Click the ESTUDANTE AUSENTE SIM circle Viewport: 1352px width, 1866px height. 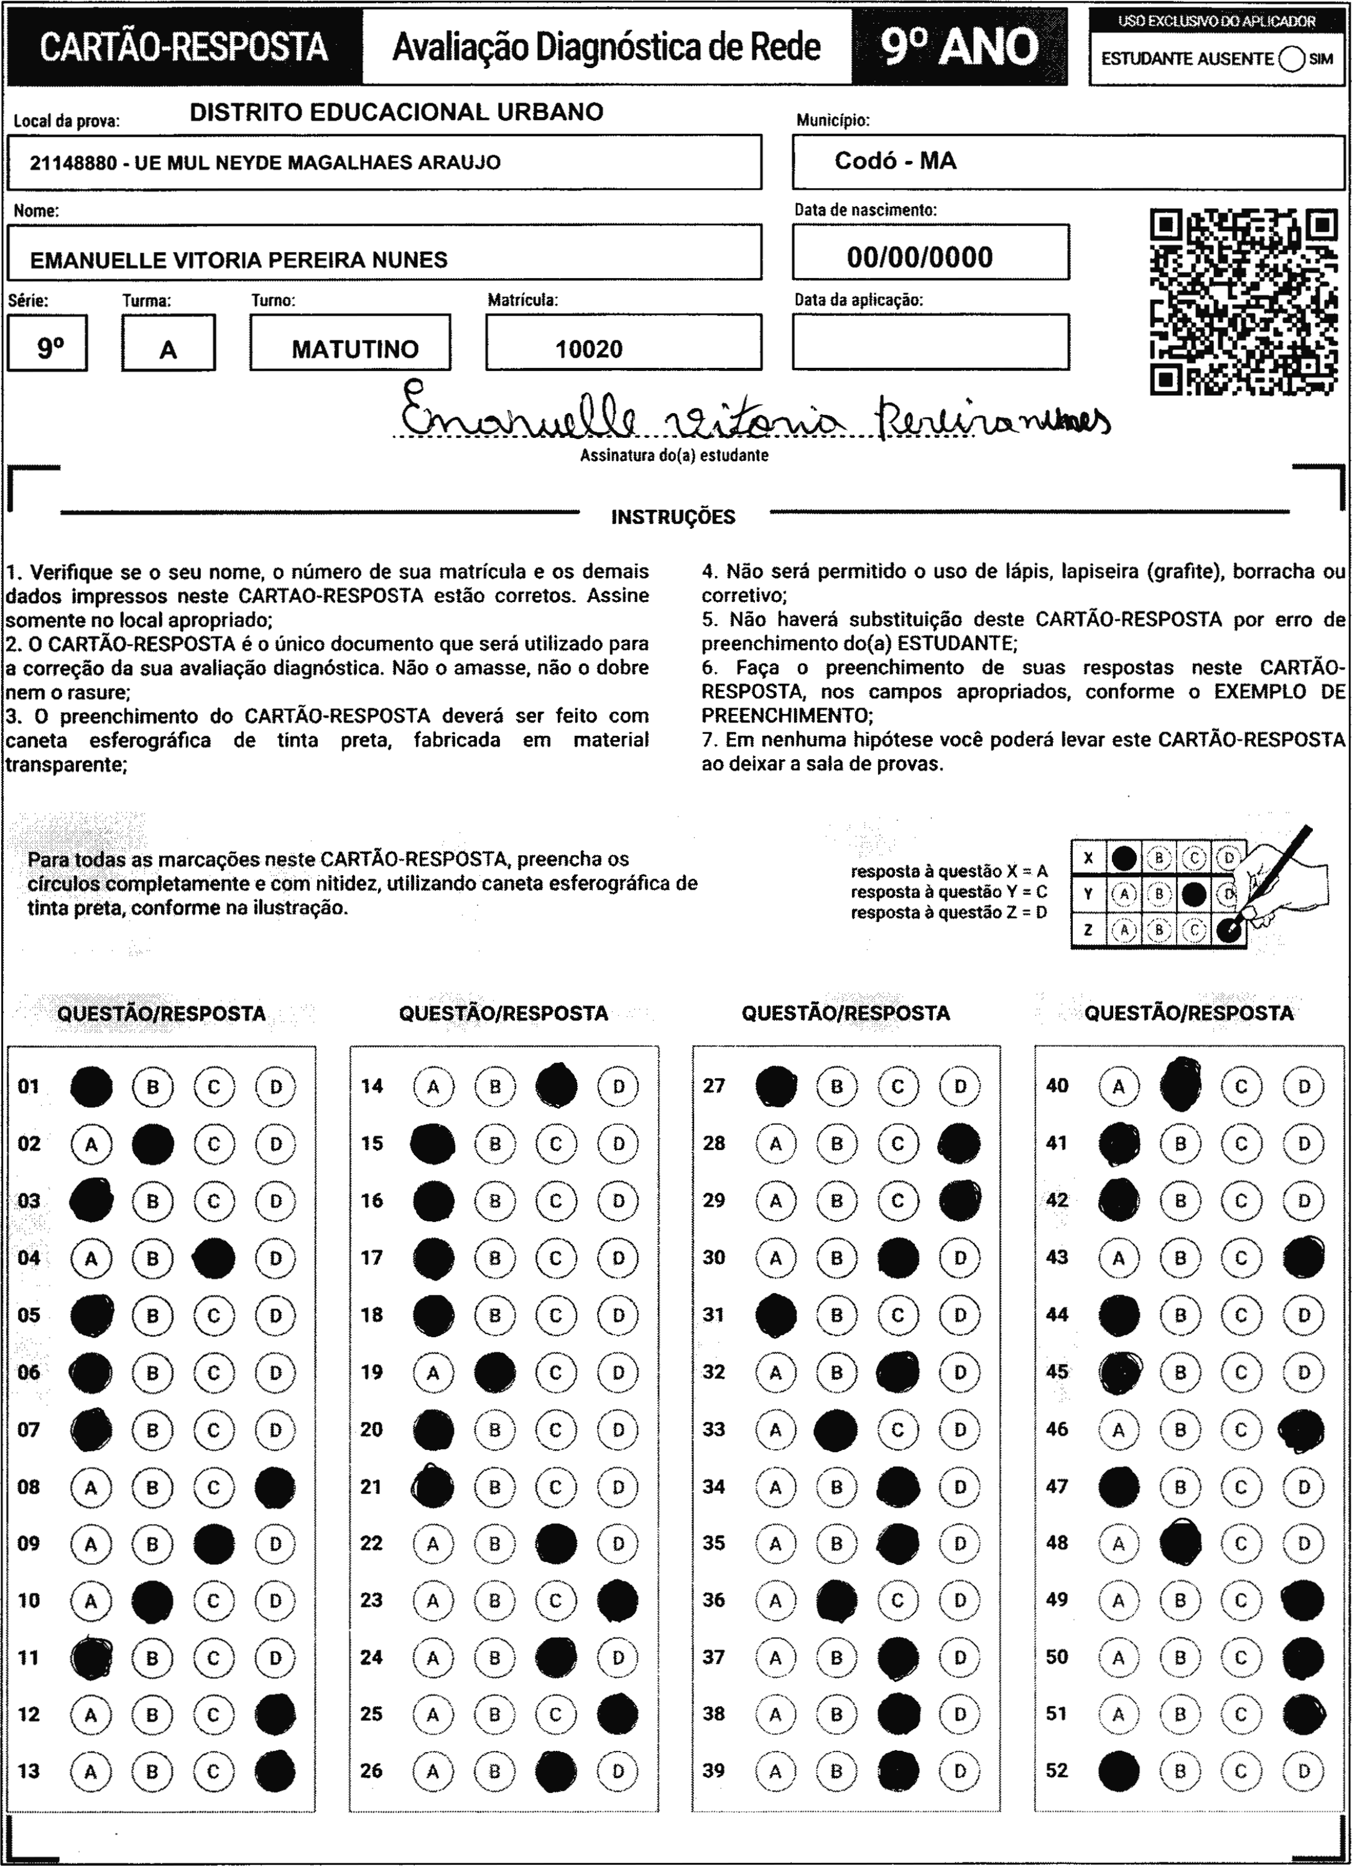pyautogui.click(x=1292, y=59)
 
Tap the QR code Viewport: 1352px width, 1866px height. pyautogui.click(x=1243, y=302)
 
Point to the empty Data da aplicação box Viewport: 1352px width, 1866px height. pyautogui.click(x=930, y=343)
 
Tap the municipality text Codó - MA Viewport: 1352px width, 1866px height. pyautogui.click(x=896, y=160)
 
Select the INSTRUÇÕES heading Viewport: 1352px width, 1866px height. pyautogui.click(x=673, y=517)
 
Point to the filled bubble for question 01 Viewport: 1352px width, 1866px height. pyautogui.click(x=91, y=1087)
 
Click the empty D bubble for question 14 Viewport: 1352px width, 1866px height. pyautogui.click(x=618, y=1087)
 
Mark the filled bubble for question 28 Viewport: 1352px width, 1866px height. pyautogui.click(x=959, y=1143)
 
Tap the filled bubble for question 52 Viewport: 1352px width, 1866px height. pyautogui.click(x=1118, y=1771)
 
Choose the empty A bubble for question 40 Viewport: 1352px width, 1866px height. pyautogui.click(x=1118, y=1087)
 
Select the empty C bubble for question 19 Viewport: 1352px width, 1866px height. pyautogui.click(x=555, y=1372)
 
